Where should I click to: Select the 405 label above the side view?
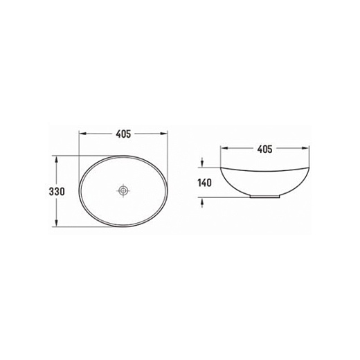pyautogui.click(x=265, y=148)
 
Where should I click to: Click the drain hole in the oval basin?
pyautogui.click(x=124, y=190)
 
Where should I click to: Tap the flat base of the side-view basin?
pyautogui.click(x=265, y=198)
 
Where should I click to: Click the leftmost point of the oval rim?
pyautogui.click(x=79, y=190)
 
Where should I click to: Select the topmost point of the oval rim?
pyautogui.click(x=124, y=155)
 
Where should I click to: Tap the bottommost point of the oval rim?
pyautogui.click(x=124, y=226)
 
